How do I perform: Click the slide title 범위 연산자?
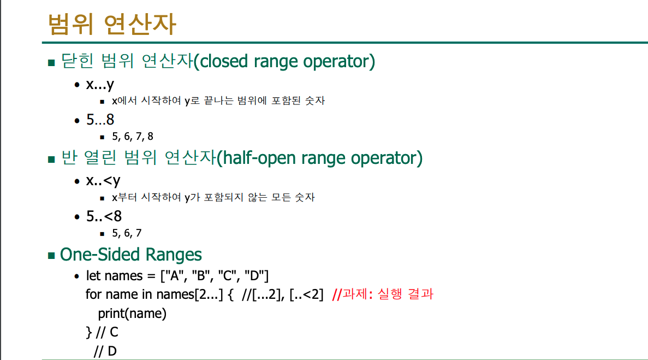pyautogui.click(x=112, y=24)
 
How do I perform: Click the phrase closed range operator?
pyautogui.click(x=284, y=61)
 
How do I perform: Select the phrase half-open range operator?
pyautogui.click(x=319, y=158)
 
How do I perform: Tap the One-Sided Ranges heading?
pyautogui.click(x=130, y=254)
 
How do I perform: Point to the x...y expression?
pyautogui.click(x=100, y=85)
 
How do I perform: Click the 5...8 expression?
pyautogui.click(x=100, y=120)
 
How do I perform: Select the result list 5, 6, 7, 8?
pyautogui.click(x=133, y=137)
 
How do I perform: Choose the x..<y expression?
pyautogui.click(x=103, y=181)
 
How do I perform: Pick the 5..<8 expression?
pyautogui.click(x=104, y=216)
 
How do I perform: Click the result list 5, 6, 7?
pyautogui.click(x=127, y=233)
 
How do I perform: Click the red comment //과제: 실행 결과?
pyautogui.click(x=383, y=294)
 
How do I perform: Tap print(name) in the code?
pyautogui.click(x=132, y=314)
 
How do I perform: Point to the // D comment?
pyautogui.click(x=105, y=351)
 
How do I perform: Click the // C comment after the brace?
pyautogui.click(x=107, y=332)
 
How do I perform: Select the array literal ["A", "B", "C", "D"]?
pyautogui.click(x=215, y=276)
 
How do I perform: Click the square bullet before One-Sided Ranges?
pyautogui.click(x=51, y=256)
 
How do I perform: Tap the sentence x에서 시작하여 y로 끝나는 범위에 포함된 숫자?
pyautogui.click(x=218, y=101)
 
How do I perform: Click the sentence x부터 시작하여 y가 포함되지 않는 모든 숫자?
pyautogui.click(x=213, y=197)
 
